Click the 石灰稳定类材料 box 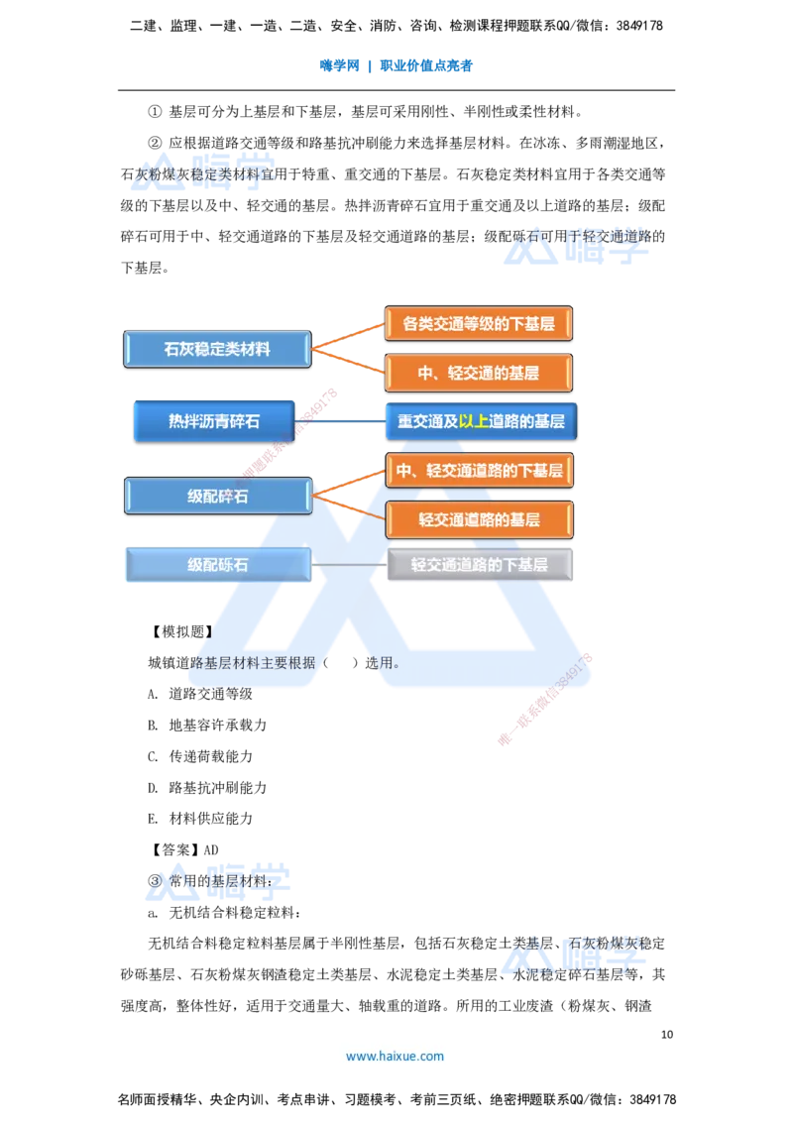coord(217,349)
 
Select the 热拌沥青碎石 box coord(214,421)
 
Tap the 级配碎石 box coord(217,497)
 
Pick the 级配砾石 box coord(217,566)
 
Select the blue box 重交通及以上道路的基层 coord(481,421)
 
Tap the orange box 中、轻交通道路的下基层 coord(479,470)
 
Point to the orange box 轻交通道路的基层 coord(479,519)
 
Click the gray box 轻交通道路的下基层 coord(480,565)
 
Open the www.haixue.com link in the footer coord(395,1056)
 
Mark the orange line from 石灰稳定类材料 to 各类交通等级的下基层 coord(347,335)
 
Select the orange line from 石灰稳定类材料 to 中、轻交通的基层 coord(347,361)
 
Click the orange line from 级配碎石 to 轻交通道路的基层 coord(348,506)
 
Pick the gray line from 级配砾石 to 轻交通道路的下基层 coord(348,566)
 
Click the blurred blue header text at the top coord(396,67)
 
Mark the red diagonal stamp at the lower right coord(545,700)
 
